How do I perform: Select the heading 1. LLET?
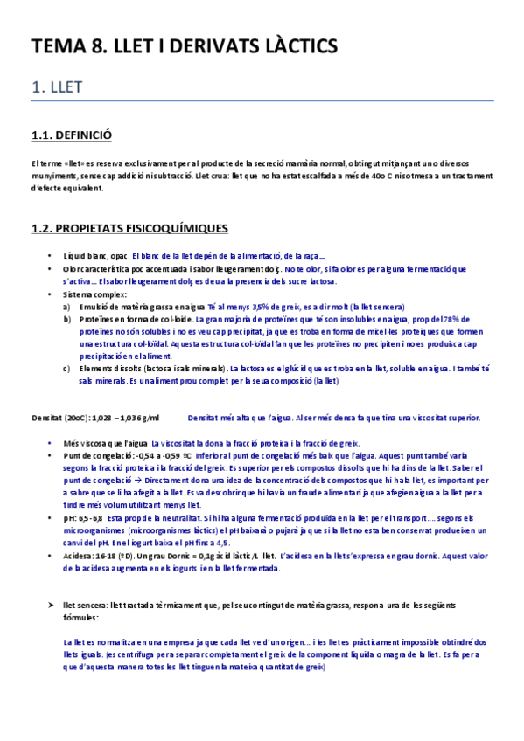coord(58,89)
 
